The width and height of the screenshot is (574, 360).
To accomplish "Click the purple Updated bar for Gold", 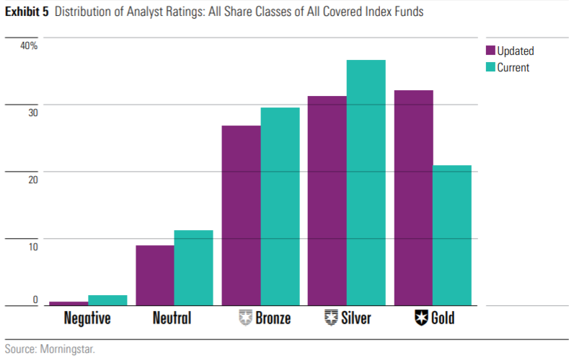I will coord(413,198).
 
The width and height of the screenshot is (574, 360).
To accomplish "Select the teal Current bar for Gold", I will coord(452,235).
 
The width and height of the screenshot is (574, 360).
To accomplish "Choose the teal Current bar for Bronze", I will coord(280,206).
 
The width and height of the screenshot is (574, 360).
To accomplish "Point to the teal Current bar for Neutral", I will coord(193,268).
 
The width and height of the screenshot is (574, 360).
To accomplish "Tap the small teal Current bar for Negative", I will coord(107,300).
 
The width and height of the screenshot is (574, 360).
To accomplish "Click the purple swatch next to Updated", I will coord(490,51).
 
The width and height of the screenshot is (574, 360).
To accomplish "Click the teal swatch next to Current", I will coord(490,68).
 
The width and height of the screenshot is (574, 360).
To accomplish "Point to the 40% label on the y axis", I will coord(29,45).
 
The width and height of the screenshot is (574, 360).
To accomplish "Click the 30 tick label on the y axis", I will coord(32,113).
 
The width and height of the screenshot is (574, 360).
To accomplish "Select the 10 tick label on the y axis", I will coord(32,247).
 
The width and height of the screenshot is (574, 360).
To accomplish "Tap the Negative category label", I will coord(87,318).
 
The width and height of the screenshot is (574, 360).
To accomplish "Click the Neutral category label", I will coord(172,318).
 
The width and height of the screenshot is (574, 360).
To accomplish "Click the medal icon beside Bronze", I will coord(245,317).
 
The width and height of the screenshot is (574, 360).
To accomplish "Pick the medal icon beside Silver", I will coord(332,317).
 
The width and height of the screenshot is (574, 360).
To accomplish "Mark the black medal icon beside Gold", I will coord(421,317).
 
